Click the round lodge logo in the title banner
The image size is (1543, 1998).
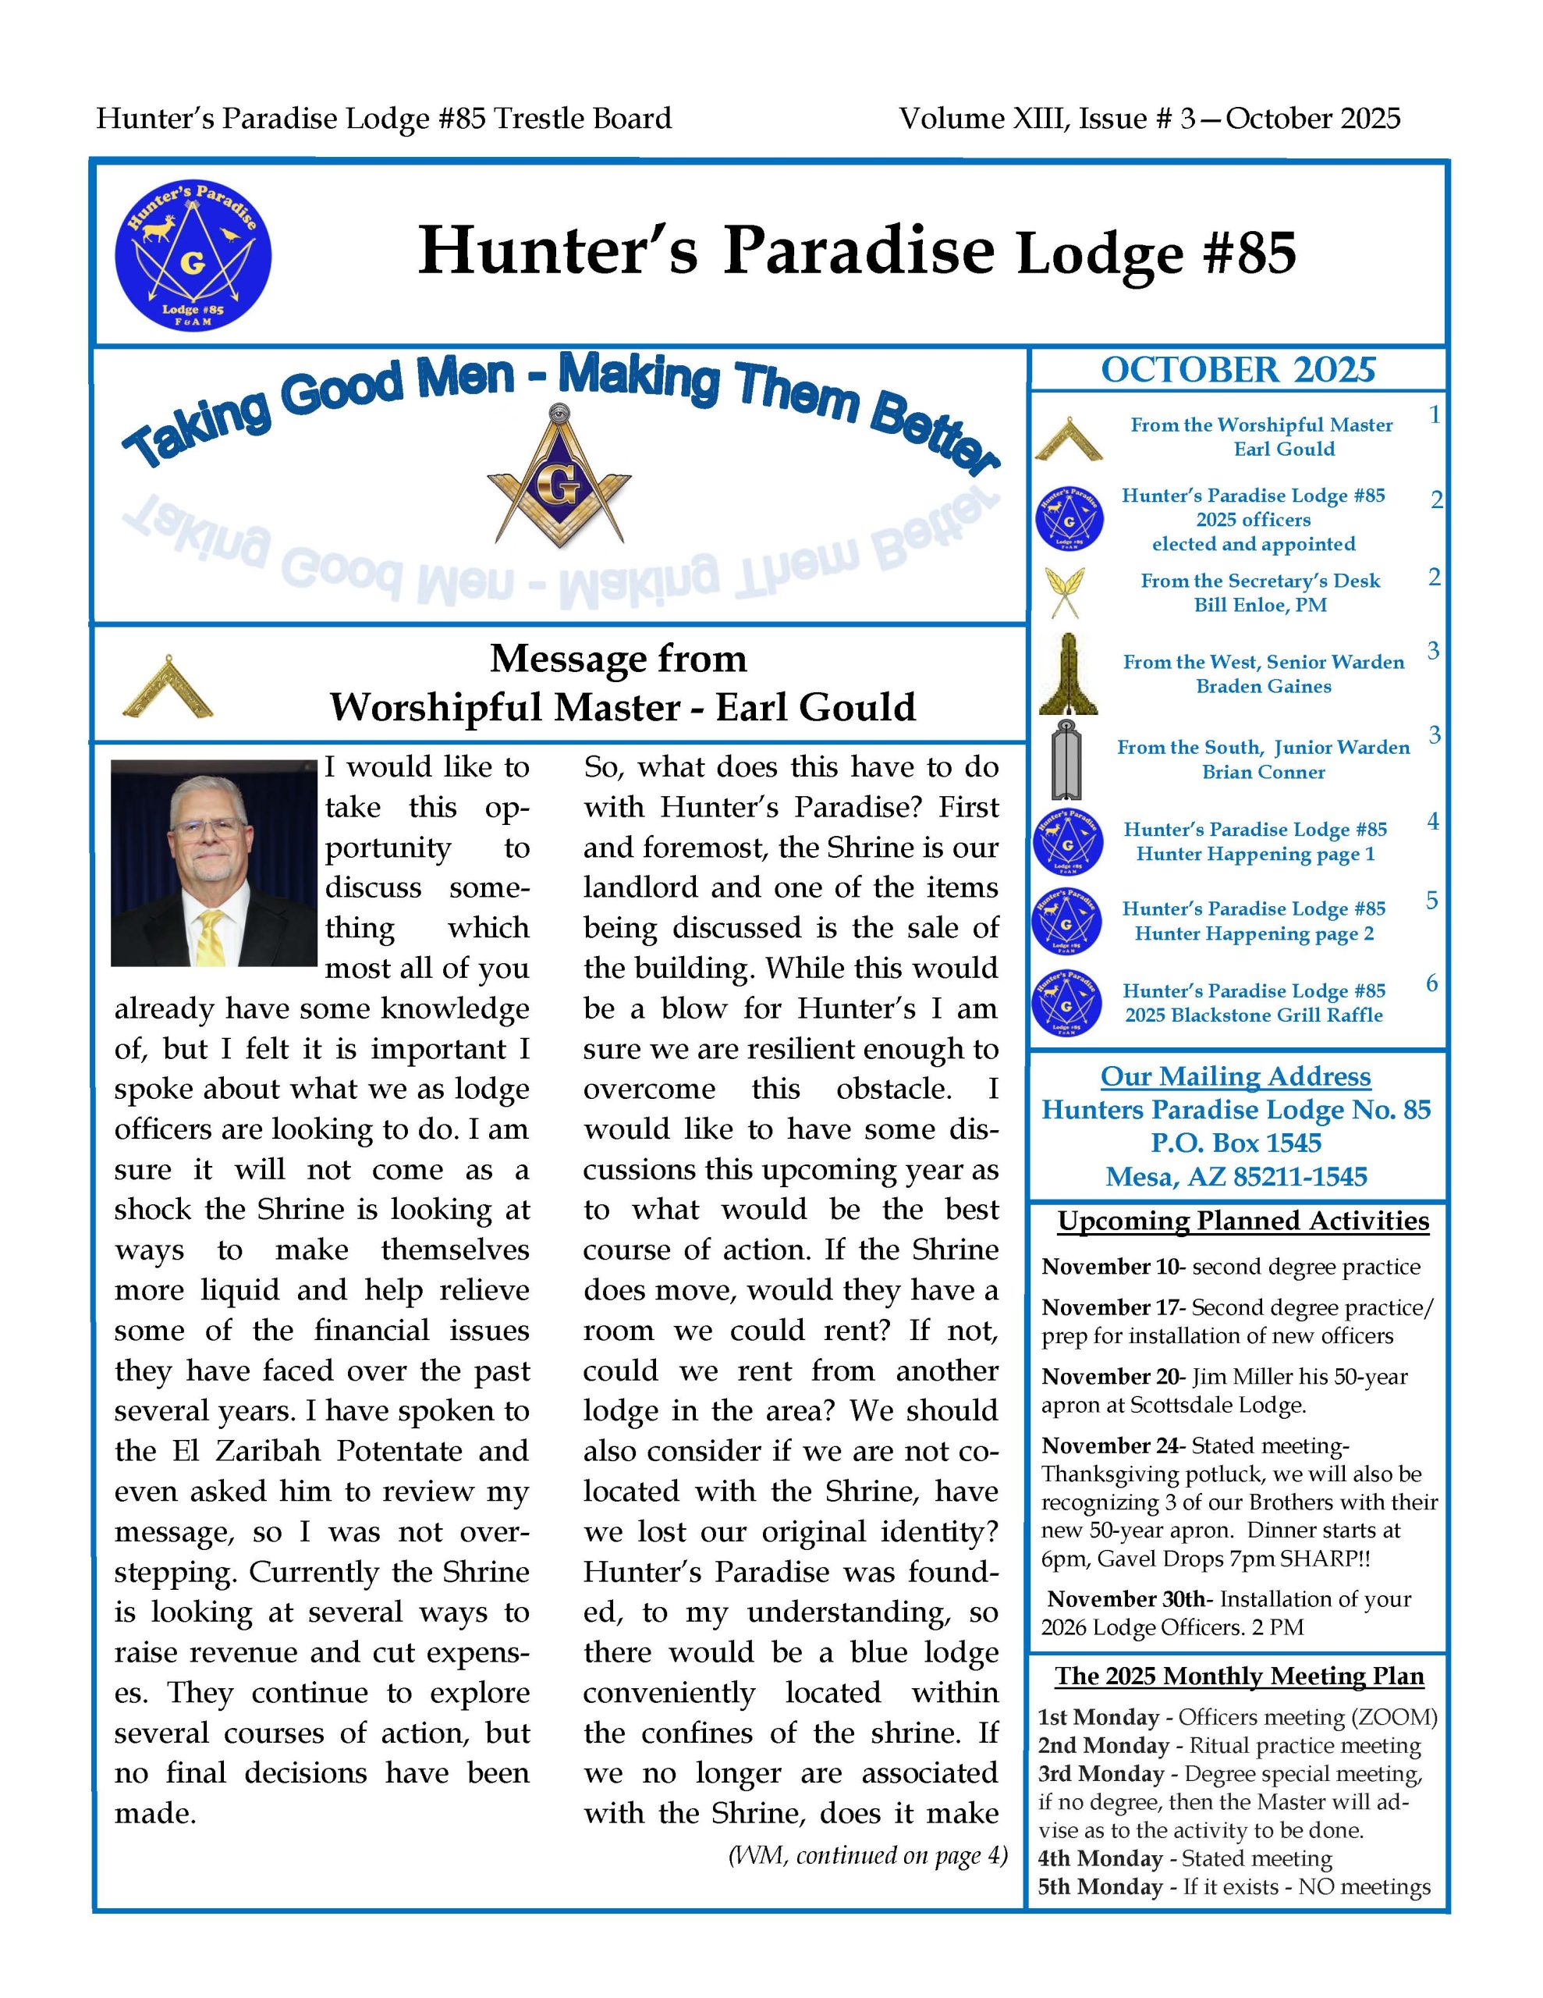click(193, 254)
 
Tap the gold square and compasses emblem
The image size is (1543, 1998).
click(559, 479)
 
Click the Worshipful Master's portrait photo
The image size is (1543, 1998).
click(214, 862)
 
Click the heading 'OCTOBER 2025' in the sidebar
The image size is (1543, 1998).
click(1237, 370)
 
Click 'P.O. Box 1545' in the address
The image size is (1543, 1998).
click(1236, 1143)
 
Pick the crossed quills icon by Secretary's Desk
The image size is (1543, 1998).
click(1066, 593)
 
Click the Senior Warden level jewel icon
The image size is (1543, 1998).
click(1067, 674)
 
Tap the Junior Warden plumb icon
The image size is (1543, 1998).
click(1066, 759)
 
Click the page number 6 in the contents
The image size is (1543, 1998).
click(1431, 983)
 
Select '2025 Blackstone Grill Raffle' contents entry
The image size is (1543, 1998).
click(1253, 1015)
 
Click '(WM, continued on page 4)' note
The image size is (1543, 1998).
click(867, 1855)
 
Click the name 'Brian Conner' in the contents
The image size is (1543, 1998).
click(1263, 771)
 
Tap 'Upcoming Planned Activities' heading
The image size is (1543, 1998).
click(1243, 1221)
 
